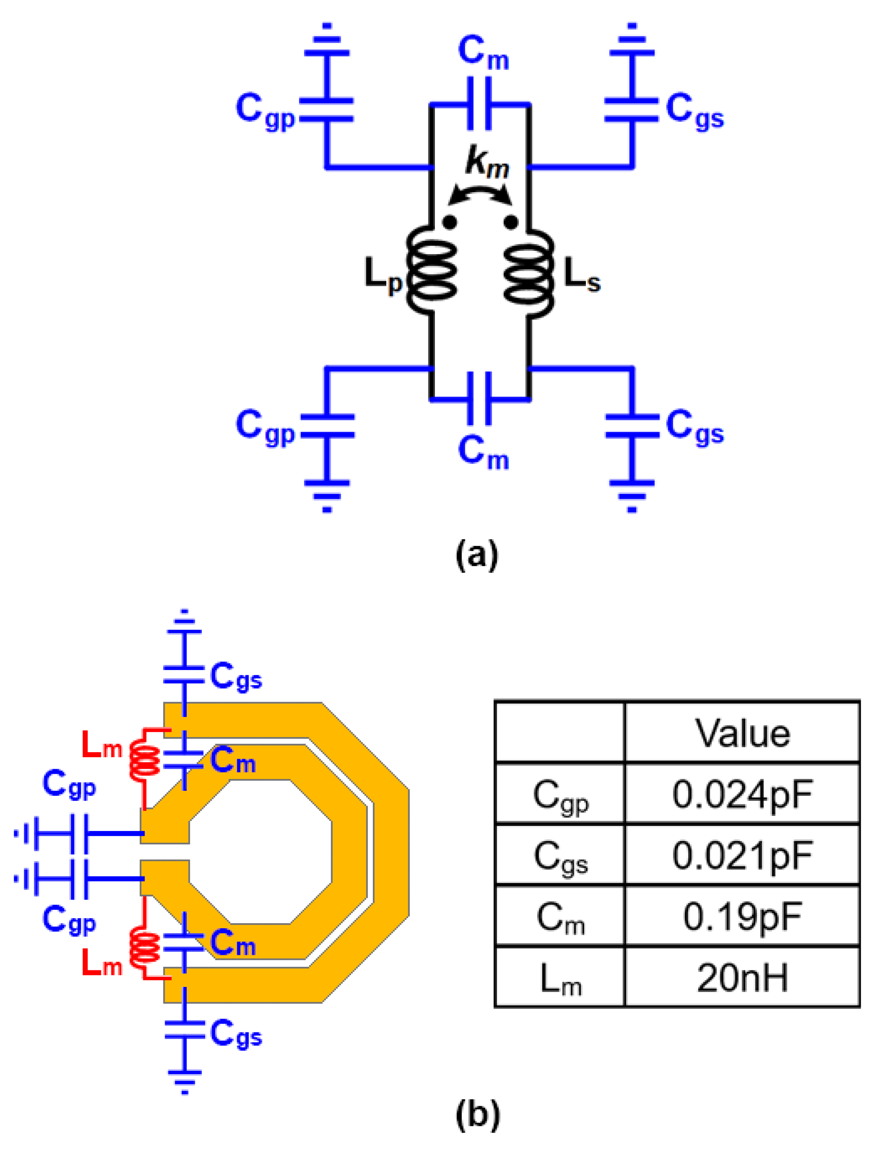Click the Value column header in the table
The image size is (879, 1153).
[x=741, y=733]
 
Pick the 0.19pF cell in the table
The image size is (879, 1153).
[x=741, y=916]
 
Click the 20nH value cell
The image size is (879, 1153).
[x=741, y=977]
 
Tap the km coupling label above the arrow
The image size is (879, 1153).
[x=487, y=162]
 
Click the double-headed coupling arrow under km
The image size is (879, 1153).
[x=480, y=194]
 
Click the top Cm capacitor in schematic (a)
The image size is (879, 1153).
[x=479, y=104]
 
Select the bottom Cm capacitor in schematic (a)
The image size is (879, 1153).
[x=479, y=399]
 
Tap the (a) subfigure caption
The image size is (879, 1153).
[x=477, y=554]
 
